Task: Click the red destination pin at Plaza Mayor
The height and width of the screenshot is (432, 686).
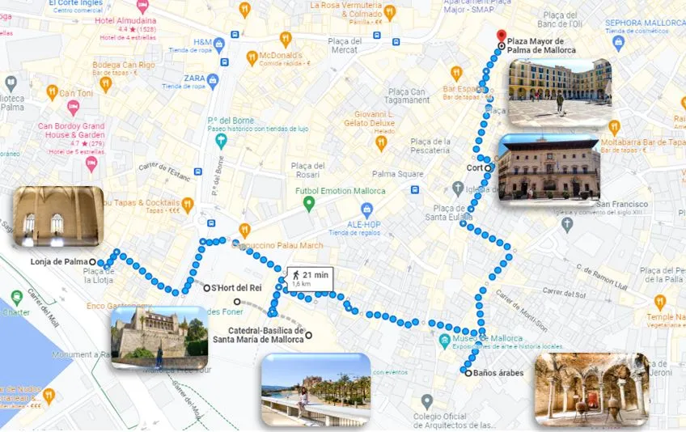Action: (x=501, y=36)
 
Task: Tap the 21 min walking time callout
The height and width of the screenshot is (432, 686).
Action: (x=309, y=279)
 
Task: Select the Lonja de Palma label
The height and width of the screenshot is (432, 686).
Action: (x=58, y=262)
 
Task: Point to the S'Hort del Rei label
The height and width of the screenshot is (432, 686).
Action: (x=236, y=288)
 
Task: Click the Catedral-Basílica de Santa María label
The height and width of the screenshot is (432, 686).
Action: (x=257, y=335)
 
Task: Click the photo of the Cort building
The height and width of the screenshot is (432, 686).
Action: (x=548, y=167)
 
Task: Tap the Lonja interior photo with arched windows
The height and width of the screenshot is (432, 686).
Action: (x=57, y=217)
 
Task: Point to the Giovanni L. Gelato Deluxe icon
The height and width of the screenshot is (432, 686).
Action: (x=381, y=143)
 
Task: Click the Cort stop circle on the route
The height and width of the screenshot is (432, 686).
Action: (x=489, y=168)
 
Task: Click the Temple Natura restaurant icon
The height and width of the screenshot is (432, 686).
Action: (x=660, y=301)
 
